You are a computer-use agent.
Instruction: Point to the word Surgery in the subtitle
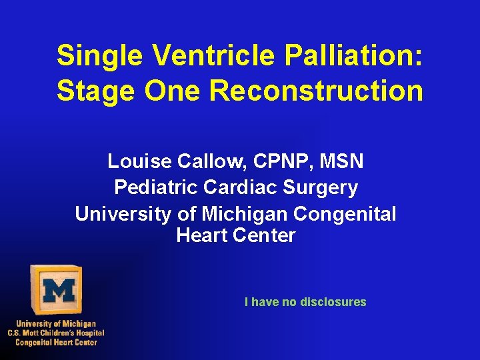[321, 188]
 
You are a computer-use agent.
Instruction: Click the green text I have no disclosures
[305, 302]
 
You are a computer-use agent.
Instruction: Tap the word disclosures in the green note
[333, 302]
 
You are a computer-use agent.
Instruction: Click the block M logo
[57, 290]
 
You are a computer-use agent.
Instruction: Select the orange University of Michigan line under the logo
[56, 323]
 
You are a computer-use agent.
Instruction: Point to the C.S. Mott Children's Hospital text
[56, 333]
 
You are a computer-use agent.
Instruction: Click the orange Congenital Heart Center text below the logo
[56, 342]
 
